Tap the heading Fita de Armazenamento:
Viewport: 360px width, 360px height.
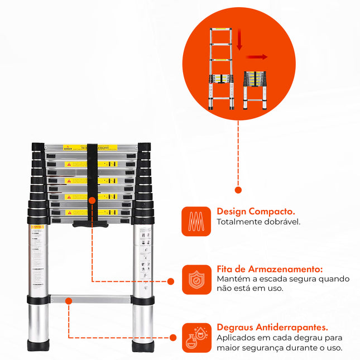point(270,268)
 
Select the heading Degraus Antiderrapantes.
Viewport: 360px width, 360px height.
point(272,328)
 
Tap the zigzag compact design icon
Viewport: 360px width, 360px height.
point(196,222)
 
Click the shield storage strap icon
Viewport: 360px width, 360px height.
point(196,279)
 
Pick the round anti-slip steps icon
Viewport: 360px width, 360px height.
point(196,338)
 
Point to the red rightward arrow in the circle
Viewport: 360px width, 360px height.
point(258,56)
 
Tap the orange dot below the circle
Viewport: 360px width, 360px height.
point(238,190)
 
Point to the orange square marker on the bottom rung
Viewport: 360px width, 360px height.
point(69,301)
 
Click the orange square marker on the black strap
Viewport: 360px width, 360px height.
point(92,199)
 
